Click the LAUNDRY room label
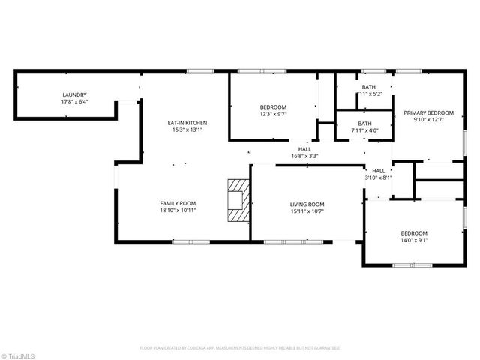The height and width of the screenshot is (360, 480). tap(74, 94)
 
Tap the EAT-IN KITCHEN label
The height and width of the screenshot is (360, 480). tap(187, 123)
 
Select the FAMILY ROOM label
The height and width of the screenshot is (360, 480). tap(178, 203)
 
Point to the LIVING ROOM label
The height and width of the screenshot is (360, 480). tap(307, 205)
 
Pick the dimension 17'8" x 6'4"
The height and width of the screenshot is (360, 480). tap(74, 101)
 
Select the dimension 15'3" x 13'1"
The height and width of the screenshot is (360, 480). tap(187, 130)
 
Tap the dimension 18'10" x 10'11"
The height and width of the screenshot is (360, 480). tap(178, 211)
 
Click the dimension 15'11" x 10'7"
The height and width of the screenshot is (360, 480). tap(307, 211)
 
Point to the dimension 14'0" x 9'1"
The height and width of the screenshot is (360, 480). tap(414, 240)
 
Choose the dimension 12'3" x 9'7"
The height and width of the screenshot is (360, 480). tap(273, 114)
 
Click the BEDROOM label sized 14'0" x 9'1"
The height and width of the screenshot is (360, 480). tap(414, 233)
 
